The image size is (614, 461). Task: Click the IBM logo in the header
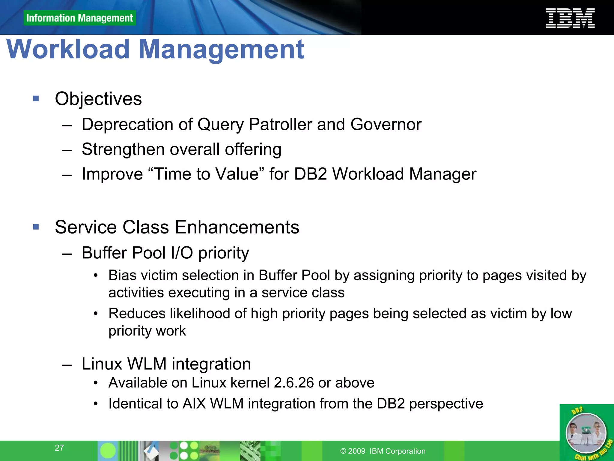click(x=570, y=18)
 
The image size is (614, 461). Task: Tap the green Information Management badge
click(x=79, y=18)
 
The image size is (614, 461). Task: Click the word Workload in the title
click(x=68, y=49)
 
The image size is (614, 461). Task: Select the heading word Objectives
click(x=98, y=99)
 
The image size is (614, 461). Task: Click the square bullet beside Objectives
click(x=36, y=98)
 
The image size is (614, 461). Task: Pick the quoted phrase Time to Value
click(x=206, y=174)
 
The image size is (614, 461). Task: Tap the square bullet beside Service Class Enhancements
click(x=36, y=227)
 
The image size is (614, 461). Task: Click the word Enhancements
click(x=237, y=227)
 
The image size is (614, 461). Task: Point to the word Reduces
click(x=137, y=314)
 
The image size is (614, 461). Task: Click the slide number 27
click(x=59, y=448)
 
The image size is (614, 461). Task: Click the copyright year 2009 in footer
click(x=356, y=451)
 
